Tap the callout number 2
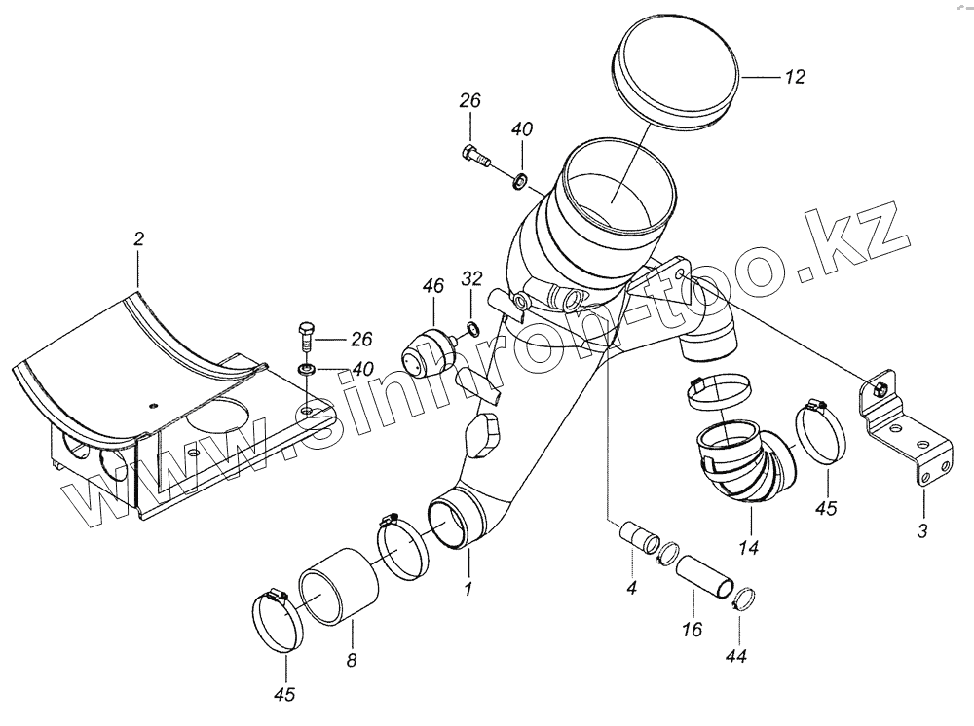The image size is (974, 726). click(x=138, y=237)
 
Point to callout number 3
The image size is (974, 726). click(x=923, y=531)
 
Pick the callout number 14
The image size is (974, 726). click(x=748, y=548)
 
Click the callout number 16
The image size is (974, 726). click(x=693, y=630)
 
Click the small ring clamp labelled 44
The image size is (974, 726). click(x=744, y=599)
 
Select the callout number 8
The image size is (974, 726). click(x=352, y=660)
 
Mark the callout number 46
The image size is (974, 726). click(x=432, y=285)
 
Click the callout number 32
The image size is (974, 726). click(x=471, y=280)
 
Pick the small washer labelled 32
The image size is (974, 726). click(x=472, y=327)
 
